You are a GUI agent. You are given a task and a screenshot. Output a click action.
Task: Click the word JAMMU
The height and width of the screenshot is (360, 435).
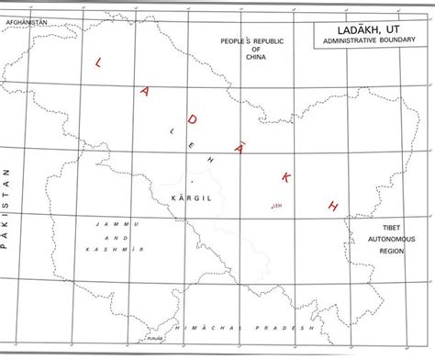pos(118,224)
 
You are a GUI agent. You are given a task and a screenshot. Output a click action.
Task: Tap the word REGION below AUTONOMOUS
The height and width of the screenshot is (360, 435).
pos(392,250)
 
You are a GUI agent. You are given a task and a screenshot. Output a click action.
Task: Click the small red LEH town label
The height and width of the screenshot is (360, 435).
pos(274,205)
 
